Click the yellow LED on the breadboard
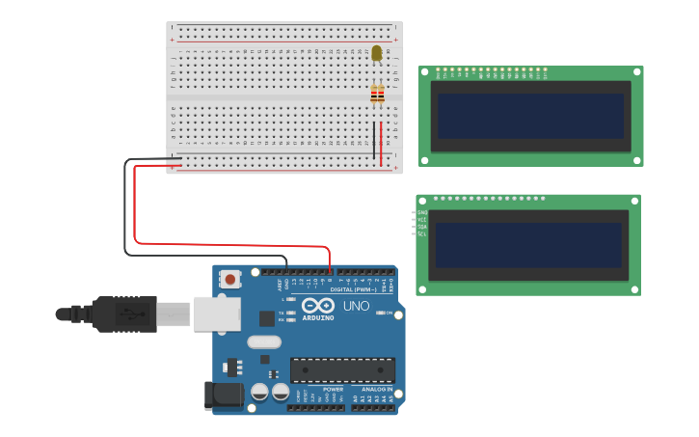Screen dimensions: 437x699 [377, 54]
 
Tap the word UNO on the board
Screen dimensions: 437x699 [356, 307]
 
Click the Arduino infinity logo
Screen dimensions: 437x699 [317, 305]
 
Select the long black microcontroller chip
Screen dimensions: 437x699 [342, 369]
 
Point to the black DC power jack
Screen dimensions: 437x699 [223, 396]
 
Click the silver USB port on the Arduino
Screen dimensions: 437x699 [217, 314]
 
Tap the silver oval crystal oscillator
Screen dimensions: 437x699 [263, 341]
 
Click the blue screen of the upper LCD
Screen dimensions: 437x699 [530, 116]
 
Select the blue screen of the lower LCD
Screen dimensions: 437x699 [528, 245]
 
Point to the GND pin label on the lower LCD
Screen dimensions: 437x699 [422, 212]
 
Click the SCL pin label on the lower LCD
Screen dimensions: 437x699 [422, 234]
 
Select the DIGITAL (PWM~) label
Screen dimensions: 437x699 [354, 289]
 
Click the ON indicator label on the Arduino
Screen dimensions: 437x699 [389, 313]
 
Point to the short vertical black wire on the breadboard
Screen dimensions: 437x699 [374, 141]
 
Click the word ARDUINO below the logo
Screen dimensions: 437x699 [318, 317]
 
